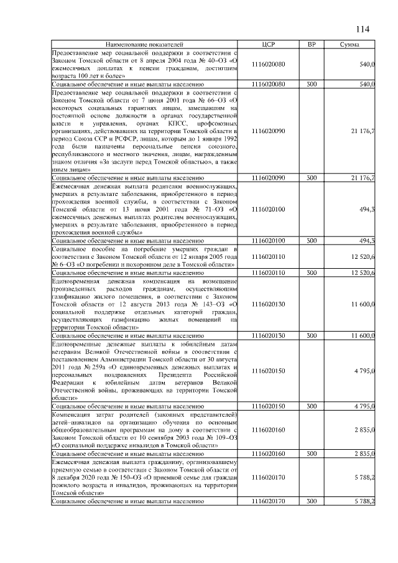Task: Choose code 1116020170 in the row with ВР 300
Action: pyautogui.click(x=269, y=501)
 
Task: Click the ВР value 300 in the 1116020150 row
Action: pyautogui.click(x=311, y=406)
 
